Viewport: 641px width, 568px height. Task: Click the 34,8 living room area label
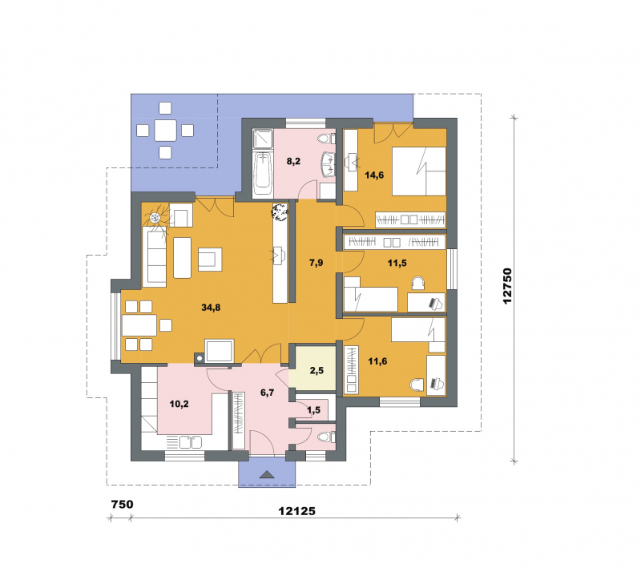[x=211, y=308]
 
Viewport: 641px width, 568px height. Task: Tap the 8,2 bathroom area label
[x=293, y=161]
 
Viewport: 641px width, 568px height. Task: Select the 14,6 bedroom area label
[x=374, y=175]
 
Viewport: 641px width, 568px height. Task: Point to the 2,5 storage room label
[x=316, y=370]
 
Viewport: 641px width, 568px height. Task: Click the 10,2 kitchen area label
[x=179, y=404]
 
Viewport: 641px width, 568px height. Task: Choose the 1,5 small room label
[x=314, y=410]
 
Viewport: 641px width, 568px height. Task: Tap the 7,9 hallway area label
[x=316, y=262]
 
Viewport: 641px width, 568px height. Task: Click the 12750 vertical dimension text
[x=507, y=286]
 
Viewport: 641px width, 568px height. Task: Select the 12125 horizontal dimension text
[x=297, y=511]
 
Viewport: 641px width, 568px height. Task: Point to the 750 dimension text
[x=123, y=504]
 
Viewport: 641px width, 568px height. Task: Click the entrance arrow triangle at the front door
[x=268, y=474]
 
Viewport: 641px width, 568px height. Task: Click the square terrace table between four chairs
[x=166, y=131]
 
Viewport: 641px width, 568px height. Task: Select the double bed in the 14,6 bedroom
[x=418, y=171]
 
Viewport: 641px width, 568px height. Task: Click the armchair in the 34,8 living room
[x=210, y=260]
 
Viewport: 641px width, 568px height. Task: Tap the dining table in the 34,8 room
[x=139, y=325]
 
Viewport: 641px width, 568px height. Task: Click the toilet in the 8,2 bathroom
[x=326, y=139]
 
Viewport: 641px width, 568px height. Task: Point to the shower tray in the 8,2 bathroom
[x=263, y=139]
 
